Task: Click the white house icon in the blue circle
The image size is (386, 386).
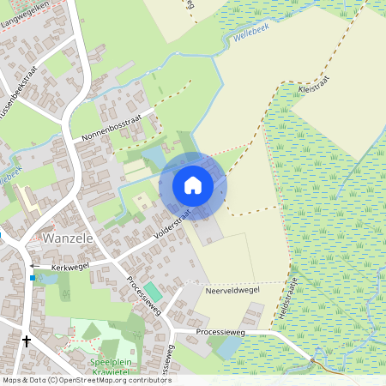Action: (193, 184)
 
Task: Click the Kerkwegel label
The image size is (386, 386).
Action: (70, 268)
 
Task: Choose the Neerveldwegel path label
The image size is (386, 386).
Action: (232, 291)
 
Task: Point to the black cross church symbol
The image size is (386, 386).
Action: (26, 341)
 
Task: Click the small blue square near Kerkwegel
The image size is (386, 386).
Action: (33, 278)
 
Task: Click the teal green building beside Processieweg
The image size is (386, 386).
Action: (151, 292)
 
